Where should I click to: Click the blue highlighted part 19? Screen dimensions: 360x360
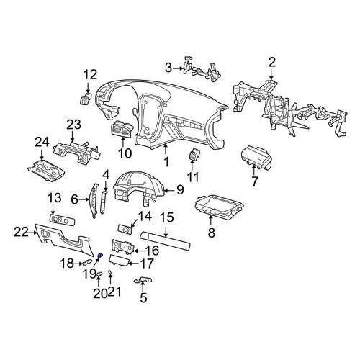(x=100, y=256)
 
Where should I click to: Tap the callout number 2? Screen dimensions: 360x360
(x=271, y=63)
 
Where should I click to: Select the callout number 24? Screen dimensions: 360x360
(x=42, y=142)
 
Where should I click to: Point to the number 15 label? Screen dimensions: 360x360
(x=166, y=217)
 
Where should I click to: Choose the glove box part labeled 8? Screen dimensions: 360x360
(x=219, y=206)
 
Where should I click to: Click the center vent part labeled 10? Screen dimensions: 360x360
(x=122, y=130)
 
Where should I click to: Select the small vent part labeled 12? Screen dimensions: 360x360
(x=86, y=99)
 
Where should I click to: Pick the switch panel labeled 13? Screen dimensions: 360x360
(x=62, y=220)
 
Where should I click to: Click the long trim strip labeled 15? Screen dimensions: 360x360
(x=165, y=241)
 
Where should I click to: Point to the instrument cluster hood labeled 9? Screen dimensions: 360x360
(x=139, y=189)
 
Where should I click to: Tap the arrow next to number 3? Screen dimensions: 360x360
(x=178, y=68)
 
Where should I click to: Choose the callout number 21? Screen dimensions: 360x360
(x=114, y=292)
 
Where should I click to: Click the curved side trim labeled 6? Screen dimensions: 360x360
(x=94, y=201)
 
